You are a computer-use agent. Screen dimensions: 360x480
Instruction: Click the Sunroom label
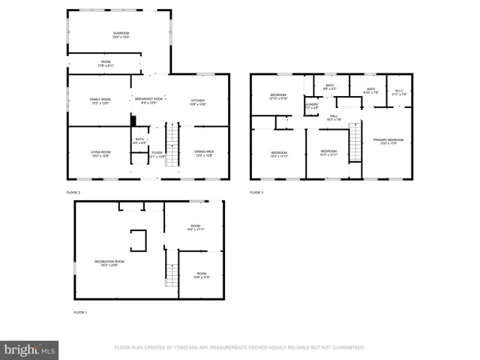(x=121, y=34)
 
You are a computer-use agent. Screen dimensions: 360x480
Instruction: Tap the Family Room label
(x=100, y=101)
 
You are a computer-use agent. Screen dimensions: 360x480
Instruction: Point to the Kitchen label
(x=197, y=101)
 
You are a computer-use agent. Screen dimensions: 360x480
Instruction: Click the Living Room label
(x=100, y=154)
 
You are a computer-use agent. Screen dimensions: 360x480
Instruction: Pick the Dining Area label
(x=204, y=154)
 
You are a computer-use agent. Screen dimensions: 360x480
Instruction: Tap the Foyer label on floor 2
(x=157, y=154)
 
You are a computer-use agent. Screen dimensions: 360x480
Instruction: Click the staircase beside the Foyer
(x=172, y=145)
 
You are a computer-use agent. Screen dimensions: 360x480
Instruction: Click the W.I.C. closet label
(x=400, y=92)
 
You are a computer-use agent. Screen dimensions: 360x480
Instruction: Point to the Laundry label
(x=312, y=106)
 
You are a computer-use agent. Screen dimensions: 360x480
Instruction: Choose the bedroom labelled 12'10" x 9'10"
(x=278, y=97)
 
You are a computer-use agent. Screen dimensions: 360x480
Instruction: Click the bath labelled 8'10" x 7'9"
(x=370, y=91)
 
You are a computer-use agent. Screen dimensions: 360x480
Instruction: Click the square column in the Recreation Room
(x=139, y=240)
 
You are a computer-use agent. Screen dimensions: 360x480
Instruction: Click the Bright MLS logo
(x=30, y=349)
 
